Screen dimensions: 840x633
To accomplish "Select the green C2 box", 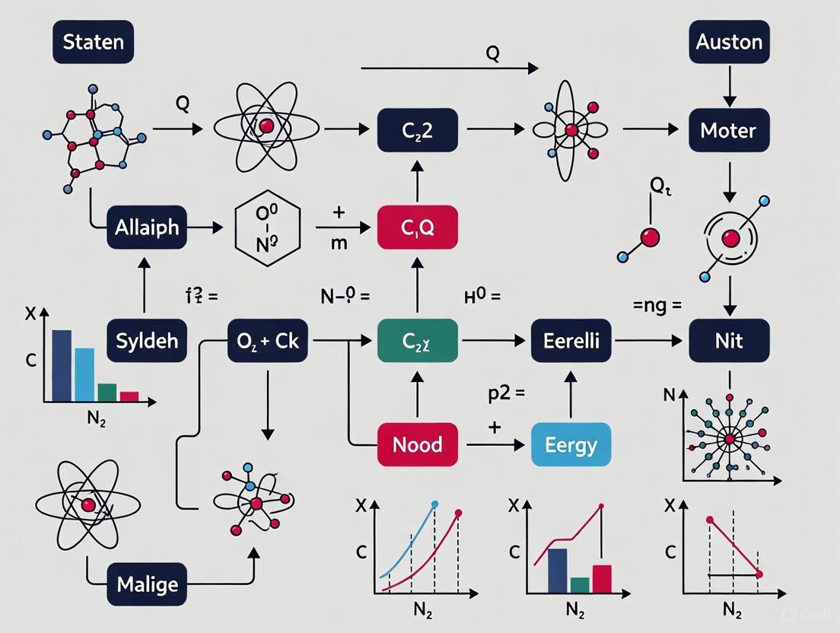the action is click(x=418, y=340).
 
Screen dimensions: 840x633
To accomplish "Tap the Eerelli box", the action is click(x=571, y=340).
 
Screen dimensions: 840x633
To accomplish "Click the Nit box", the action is click(x=729, y=340).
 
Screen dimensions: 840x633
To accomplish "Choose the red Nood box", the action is click(x=418, y=444).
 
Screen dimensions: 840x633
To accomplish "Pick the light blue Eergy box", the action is click(x=571, y=444).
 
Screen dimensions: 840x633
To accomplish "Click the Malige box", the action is click(x=147, y=584).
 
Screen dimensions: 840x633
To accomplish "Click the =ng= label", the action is click(x=657, y=306).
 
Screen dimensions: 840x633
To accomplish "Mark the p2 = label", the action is click(x=506, y=394).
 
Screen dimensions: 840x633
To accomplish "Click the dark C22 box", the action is click(x=418, y=130).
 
